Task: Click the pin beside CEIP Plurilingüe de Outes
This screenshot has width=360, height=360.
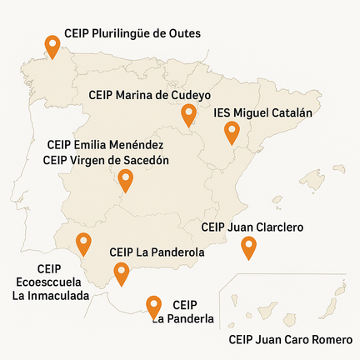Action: [x=52, y=46]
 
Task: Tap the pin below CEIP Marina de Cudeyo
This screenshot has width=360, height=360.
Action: [x=189, y=114]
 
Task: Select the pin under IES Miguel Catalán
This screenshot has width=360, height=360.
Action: [x=232, y=132]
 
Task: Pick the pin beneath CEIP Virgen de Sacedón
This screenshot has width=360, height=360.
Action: [x=126, y=179]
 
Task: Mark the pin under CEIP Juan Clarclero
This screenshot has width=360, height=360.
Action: [x=247, y=247]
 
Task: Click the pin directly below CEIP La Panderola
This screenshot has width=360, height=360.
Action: [x=122, y=272]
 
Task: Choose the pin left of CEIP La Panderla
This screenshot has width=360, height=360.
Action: [x=153, y=307]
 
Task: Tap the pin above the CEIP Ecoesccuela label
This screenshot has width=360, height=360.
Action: [x=83, y=243]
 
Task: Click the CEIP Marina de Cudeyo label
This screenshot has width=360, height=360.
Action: [x=149, y=95]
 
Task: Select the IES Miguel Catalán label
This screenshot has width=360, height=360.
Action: [x=262, y=112]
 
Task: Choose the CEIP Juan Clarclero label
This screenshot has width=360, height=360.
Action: [x=252, y=227]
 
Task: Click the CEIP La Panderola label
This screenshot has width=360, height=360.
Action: [x=157, y=252]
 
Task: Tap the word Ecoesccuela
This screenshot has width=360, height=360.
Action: [x=50, y=282]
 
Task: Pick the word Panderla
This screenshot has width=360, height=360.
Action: [x=183, y=318]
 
